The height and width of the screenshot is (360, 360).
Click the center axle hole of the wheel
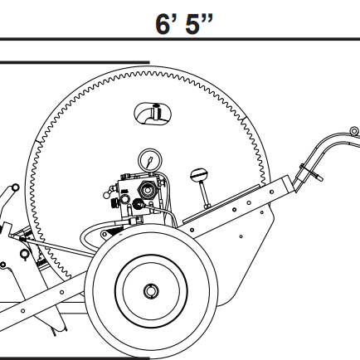(150, 291)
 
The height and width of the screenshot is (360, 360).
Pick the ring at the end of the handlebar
(353, 131)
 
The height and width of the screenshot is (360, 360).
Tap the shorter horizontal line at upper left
(75, 62)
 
